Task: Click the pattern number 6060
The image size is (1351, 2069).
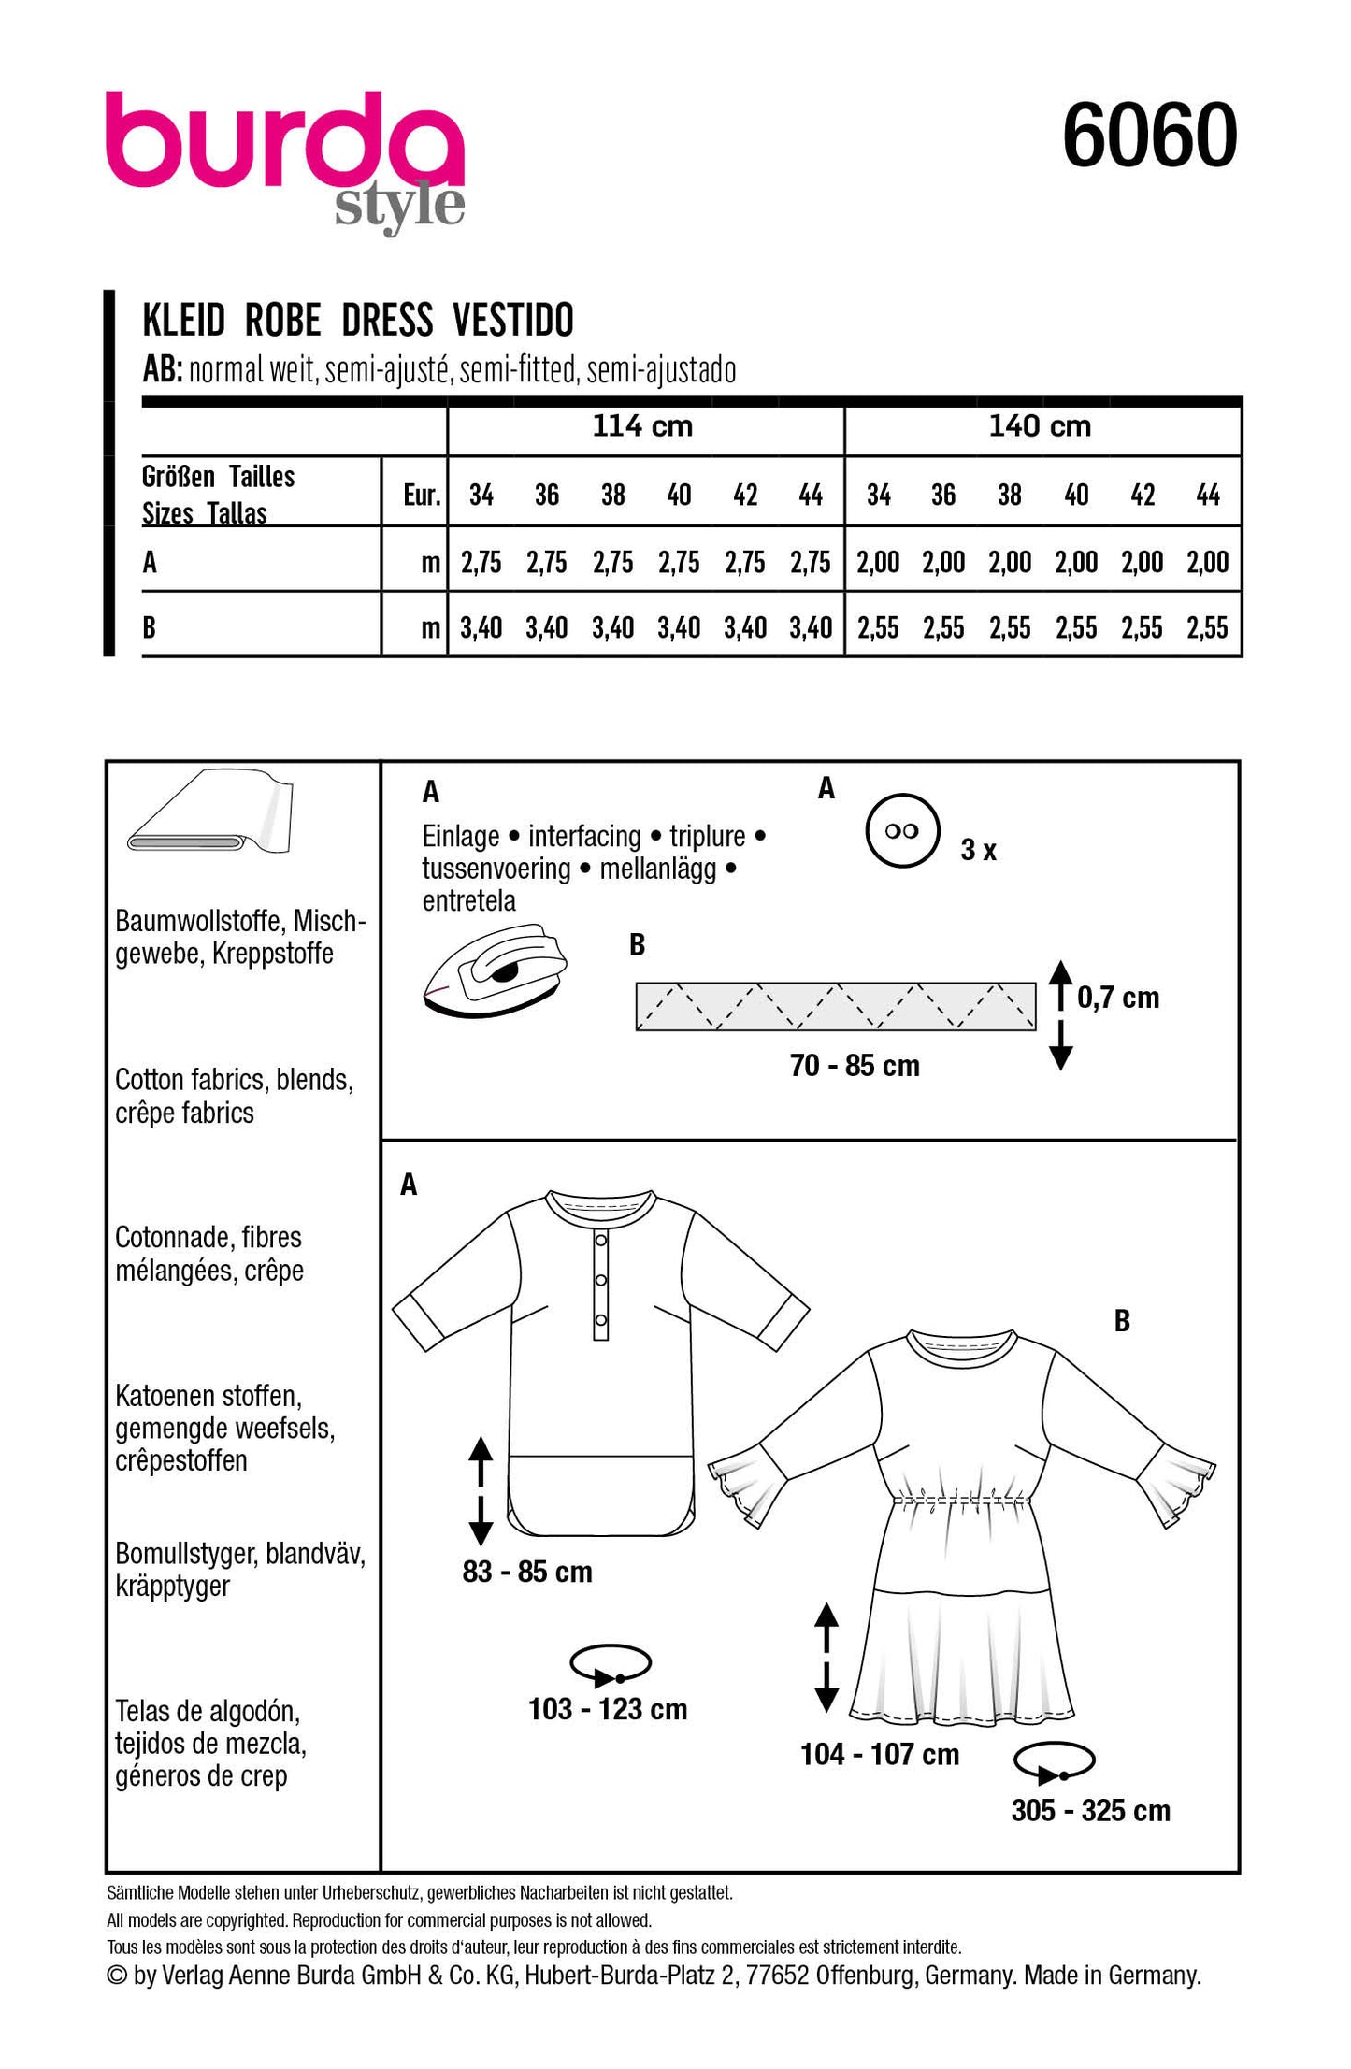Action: pyautogui.click(x=1149, y=136)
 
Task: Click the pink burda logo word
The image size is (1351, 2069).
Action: pyautogui.click(x=284, y=140)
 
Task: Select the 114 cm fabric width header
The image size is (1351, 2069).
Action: pyautogui.click(x=643, y=427)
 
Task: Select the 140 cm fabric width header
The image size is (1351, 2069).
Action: pyautogui.click(x=1040, y=427)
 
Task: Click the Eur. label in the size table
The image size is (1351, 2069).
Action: pyautogui.click(x=422, y=496)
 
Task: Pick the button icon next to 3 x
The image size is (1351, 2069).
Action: pyautogui.click(x=901, y=831)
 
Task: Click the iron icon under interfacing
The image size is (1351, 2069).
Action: pyautogui.click(x=496, y=970)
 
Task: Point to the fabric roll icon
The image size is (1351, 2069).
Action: pyautogui.click(x=211, y=813)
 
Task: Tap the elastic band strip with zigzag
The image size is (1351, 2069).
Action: pyautogui.click(x=835, y=1007)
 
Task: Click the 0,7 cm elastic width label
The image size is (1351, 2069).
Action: pyautogui.click(x=1118, y=998)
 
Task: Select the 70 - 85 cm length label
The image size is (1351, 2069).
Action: pyautogui.click(x=855, y=1066)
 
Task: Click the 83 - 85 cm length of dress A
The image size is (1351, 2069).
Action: pyautogui.click(x=527, y=1572)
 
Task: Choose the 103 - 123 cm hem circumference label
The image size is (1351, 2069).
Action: pyautogui.click(x=608, y=1710)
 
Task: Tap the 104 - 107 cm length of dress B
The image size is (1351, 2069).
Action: pyautogui.click(x=880, y=1755)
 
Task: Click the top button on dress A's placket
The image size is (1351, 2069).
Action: pyautogui.click(x=601, y=1240)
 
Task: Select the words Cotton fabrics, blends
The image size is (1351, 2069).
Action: pyautogui.click(x=234, y=1080)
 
